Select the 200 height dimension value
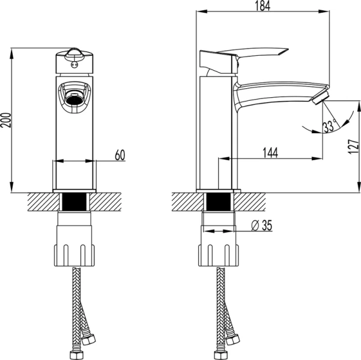tap(6, 123)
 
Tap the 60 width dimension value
tap(119, 155)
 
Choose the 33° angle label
tap(329, 127)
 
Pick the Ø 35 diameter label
tap(262, 226)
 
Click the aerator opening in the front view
tap(75, 96)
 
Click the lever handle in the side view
tap(252, 56)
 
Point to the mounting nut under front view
tap(75, 246)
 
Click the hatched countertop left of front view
tap(39, 201)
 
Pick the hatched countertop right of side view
tap(255, 201)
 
